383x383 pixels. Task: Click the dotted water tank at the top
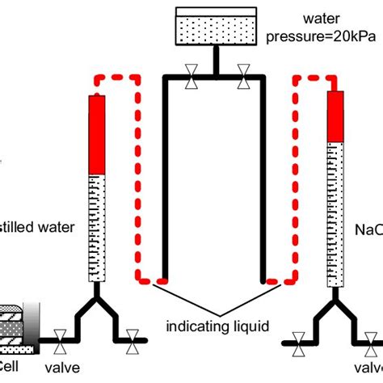[x=216, y=30]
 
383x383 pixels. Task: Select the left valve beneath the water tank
[x=191, y=79]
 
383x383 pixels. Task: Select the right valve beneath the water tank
[x=242, y=79]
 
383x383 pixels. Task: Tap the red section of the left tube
[x=97, y=134]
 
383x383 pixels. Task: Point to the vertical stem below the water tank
[x=216, y=62]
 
